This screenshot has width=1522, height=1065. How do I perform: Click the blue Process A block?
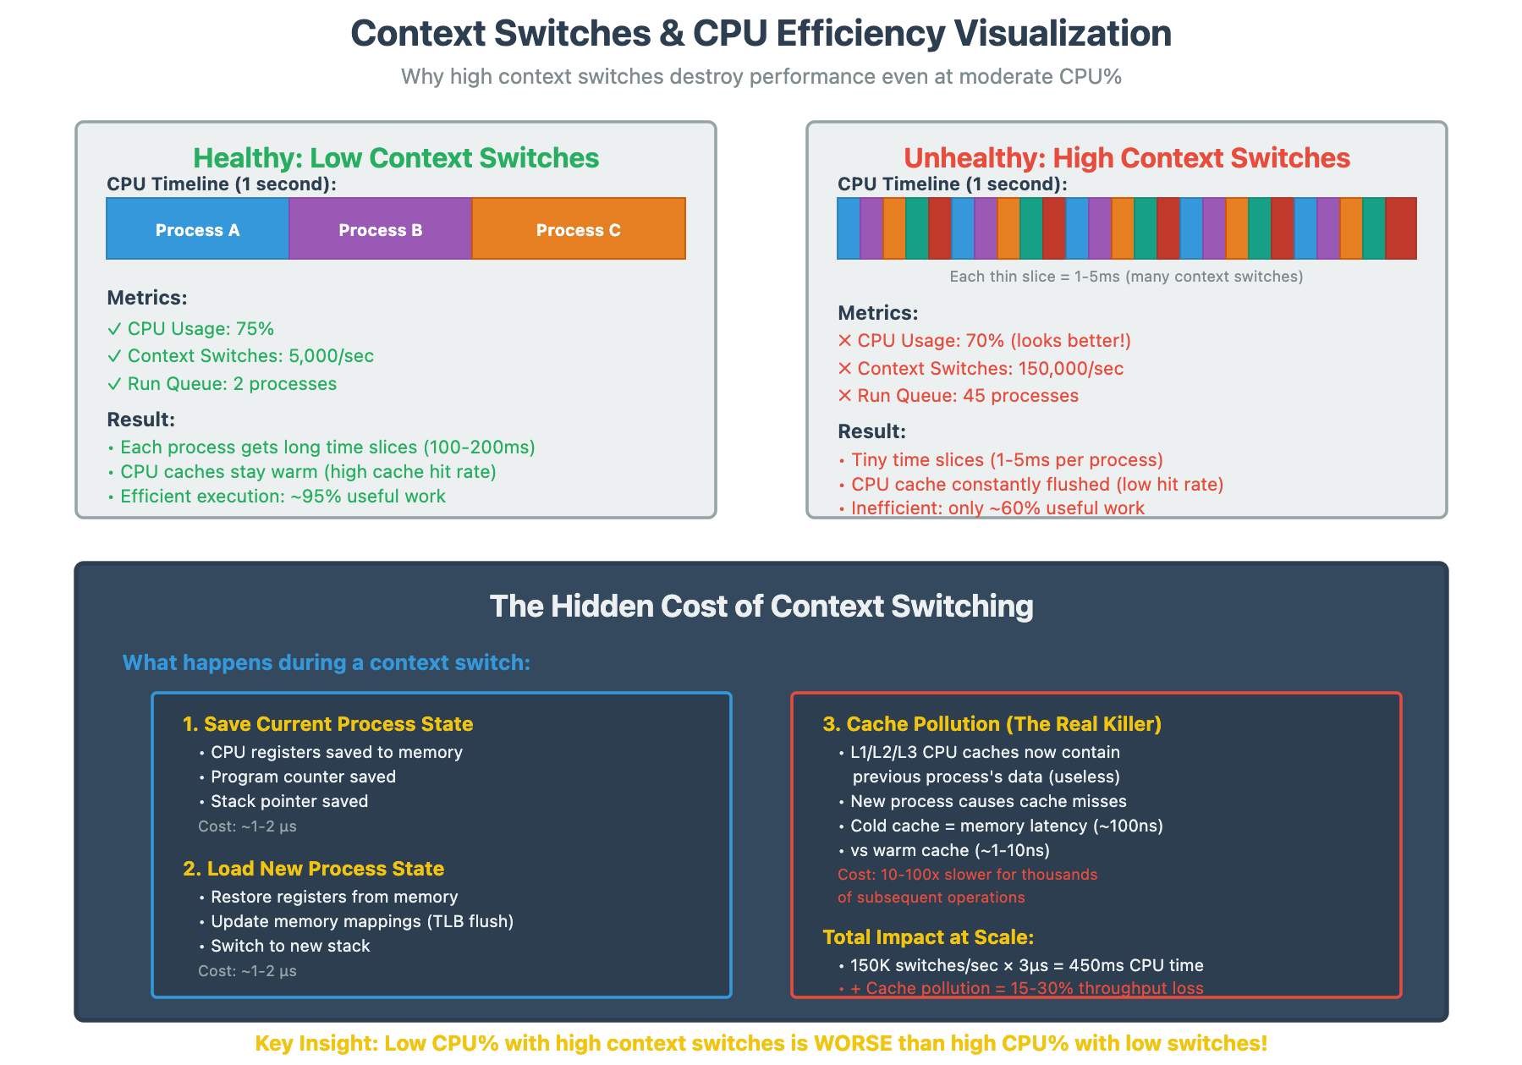pos(197,229)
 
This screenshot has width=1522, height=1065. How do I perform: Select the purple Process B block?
pos(380,229)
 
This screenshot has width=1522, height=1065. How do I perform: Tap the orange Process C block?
pos(579,229)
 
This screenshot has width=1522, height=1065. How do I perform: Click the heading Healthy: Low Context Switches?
pos(395,158)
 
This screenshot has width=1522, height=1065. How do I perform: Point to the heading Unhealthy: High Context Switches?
pos(1126,158)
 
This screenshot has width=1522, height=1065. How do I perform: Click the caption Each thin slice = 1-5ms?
pos(1126,277)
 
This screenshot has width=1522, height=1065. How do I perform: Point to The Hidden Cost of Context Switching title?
pos(761,607)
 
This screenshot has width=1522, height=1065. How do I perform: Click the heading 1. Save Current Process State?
pos(328,724)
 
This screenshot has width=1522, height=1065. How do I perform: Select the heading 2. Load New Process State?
pos(314,869)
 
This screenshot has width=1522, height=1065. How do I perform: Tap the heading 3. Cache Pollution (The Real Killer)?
pos(992,724)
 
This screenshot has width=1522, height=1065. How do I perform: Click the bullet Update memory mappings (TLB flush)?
pos(361,921)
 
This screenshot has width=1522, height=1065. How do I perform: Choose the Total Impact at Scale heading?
pos(928,937)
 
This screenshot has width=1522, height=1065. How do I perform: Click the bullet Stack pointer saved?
pos(288,801)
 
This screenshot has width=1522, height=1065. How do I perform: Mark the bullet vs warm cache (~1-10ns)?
pos(949,850)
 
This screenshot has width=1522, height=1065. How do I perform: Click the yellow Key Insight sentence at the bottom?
pos(761,1043)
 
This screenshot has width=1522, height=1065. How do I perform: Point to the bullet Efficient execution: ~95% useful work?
pos(283,497)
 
